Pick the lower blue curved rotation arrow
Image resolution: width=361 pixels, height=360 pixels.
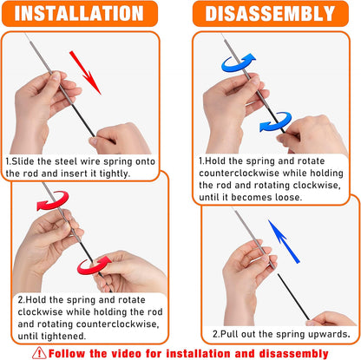275,127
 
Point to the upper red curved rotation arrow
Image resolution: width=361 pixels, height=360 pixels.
51,202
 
